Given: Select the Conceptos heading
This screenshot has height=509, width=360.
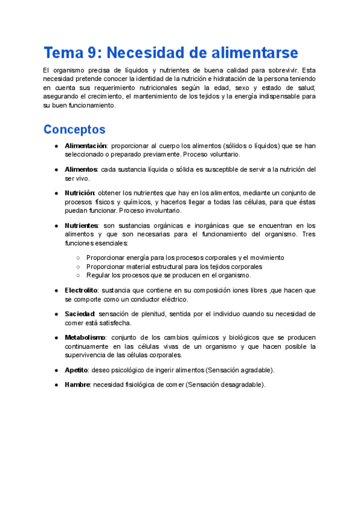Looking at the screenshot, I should click(x=74, y=129).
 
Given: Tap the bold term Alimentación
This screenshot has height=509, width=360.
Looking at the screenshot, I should click(x=85, y=146).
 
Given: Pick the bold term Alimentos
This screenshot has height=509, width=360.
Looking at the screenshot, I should click(x=81, y=170).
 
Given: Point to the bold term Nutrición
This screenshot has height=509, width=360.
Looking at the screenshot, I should click(x=80, y=193).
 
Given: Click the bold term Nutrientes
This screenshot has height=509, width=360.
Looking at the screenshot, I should click(x=82, y=226).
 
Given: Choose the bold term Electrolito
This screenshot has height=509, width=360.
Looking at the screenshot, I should click(x=82, y=291).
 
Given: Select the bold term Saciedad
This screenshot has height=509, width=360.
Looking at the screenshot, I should click(x=80, y=314).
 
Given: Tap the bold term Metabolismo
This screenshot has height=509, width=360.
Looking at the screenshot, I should click(x=85, y=337).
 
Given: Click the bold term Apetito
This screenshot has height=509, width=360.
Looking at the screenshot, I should click(x=76, y=370).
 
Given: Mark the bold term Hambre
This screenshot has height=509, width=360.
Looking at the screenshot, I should click(x=77, y=384).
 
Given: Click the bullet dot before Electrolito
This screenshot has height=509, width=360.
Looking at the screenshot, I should click(x=56, y=291).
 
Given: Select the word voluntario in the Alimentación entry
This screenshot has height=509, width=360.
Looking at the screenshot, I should click(x=223, y=154).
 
